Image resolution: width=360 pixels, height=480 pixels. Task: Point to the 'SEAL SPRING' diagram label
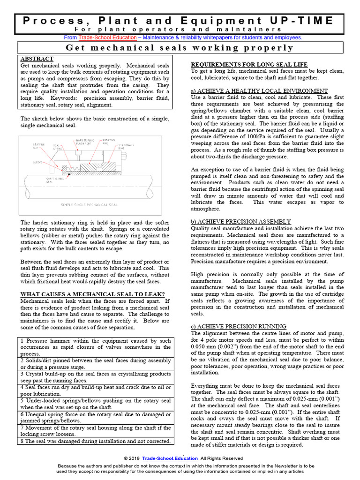pos(57,147)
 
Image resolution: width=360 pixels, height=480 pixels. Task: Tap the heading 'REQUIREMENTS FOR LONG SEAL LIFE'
pos(249,64)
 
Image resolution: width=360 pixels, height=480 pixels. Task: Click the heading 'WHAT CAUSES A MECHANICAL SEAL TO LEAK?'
pos(92,294)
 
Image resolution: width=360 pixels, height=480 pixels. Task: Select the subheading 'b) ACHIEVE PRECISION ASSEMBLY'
pos(241,221)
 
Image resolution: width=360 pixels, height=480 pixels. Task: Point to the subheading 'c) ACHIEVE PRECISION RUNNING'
pos(240,326)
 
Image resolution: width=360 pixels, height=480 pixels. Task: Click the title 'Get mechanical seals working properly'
pos(180,48)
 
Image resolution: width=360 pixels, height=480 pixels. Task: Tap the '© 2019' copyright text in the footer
pos(132,458)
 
